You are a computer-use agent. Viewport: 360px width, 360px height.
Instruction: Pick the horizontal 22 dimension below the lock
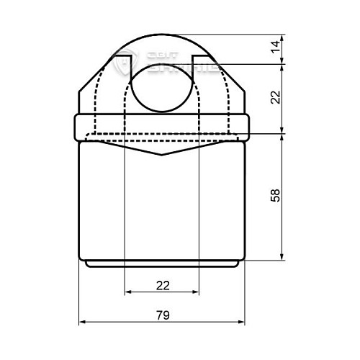click(162, 285)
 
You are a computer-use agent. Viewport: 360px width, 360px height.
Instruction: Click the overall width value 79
click(162, 314)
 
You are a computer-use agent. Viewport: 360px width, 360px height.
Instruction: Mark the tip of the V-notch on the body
click(162, 155)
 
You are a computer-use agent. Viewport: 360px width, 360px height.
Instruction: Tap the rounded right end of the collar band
click(248, 127)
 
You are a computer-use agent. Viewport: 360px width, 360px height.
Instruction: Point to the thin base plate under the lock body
click(162, 264)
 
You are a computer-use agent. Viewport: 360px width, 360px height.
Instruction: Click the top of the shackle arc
click(162, 32)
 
